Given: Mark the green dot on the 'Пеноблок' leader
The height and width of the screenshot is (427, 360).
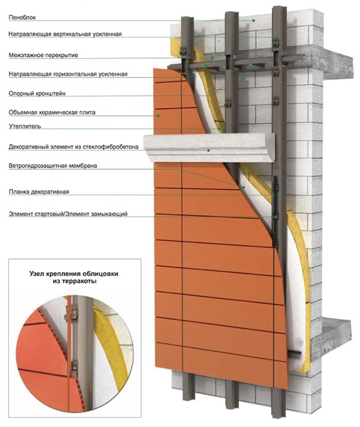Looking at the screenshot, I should [x=254, y=20].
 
